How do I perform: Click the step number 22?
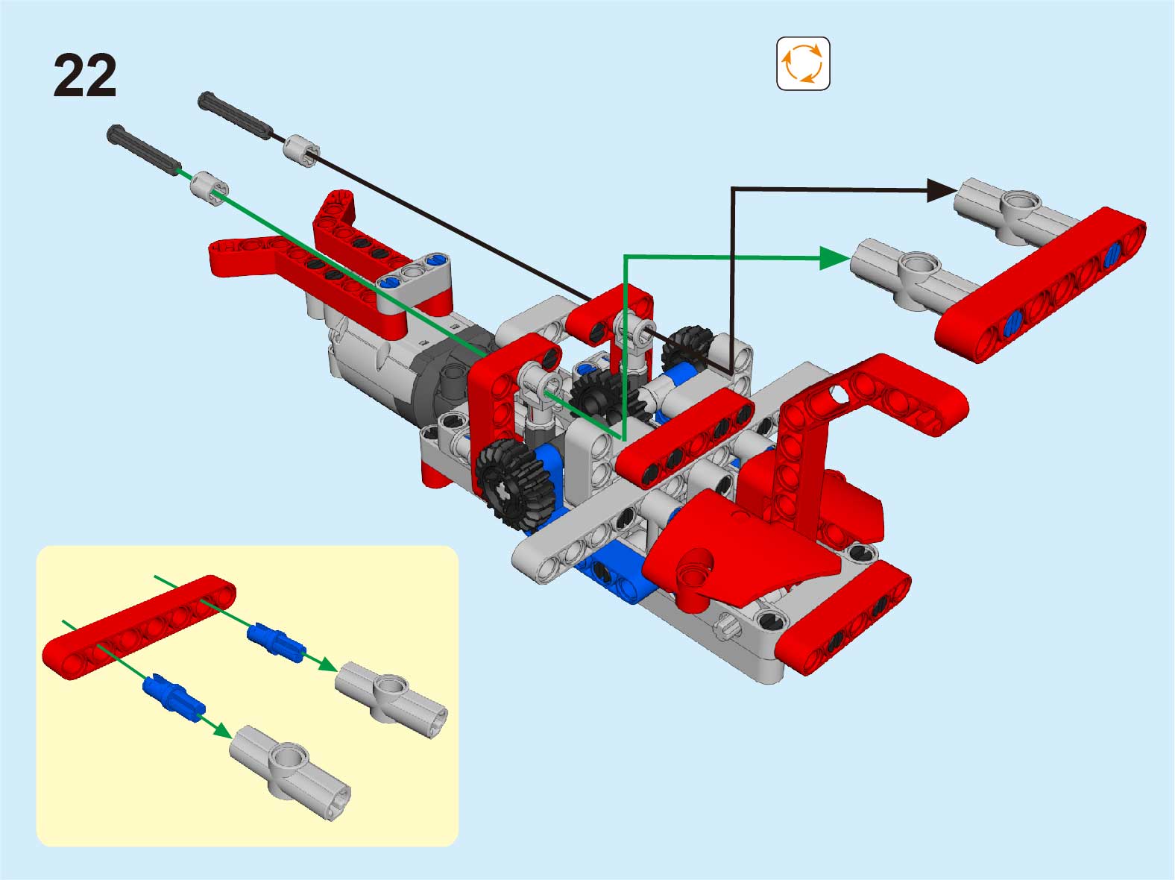[84, 75]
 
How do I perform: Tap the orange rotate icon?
[802, 63]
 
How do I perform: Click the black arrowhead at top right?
[941, 191]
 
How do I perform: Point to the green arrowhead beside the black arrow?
[834, 259]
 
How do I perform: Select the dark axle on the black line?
[235, 115]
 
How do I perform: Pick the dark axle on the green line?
[143, 150]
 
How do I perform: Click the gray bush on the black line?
[301, 151]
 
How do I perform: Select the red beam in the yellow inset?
[139, 627]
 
